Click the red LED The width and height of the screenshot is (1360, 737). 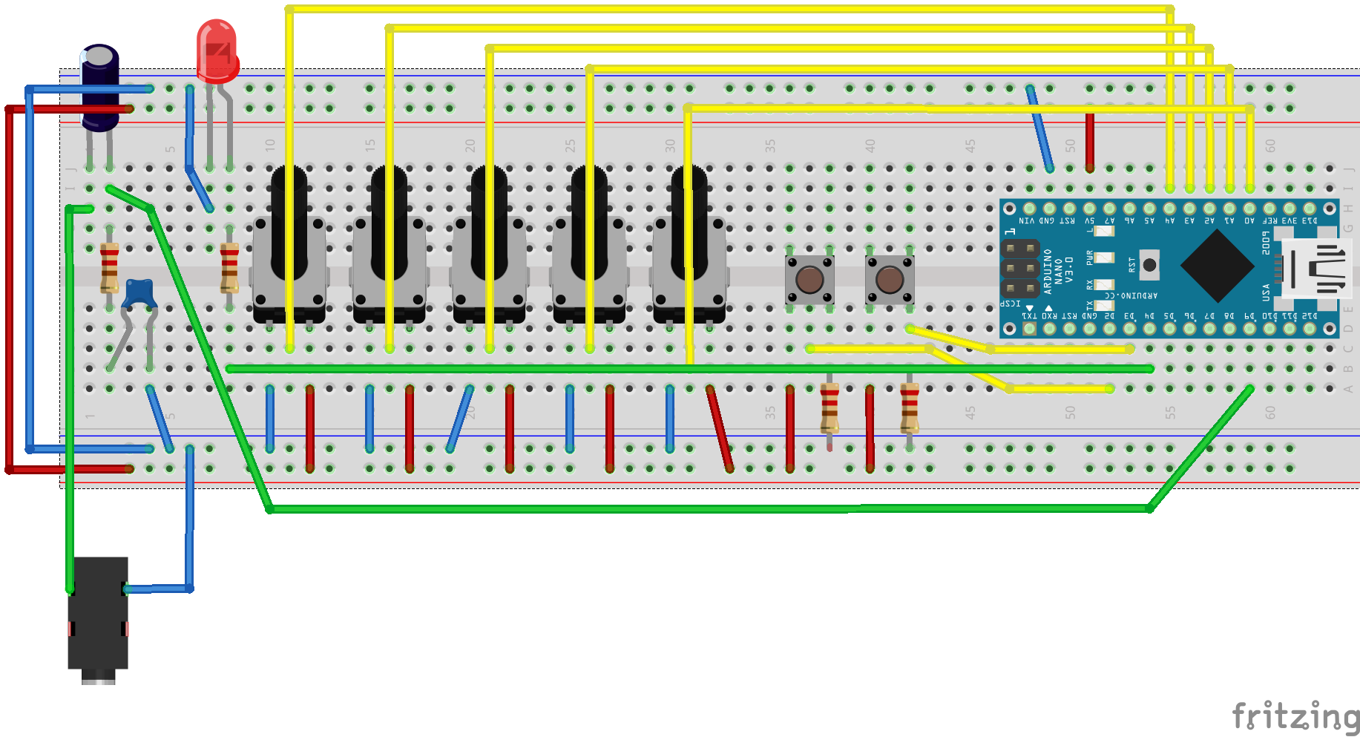pyautogui.click(x=217, y=50)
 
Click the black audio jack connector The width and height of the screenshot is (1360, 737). pyautogui.click(x=98, y=616)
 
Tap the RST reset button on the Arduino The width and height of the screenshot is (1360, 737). pyautogui.click(x=1149, y=265)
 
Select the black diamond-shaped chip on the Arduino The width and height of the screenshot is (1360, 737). pyautogui.click(x=1217, y=266)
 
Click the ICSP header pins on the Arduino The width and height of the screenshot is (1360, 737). pyautogui.click(x=1020, y=267)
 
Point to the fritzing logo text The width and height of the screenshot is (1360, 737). pyautogui.click(x=1295, y=716)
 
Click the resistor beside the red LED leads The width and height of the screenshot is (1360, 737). pyautogui.click(x=229, y=267)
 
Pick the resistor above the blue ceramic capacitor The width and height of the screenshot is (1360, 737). pyautogui.click(x=109, y=267)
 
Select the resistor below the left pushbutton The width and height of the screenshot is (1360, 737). pyautogui.click(x=830, y=408)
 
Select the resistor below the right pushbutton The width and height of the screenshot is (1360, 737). pyautogui.click(x=910, y=408)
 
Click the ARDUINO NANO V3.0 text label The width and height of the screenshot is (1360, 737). pyautogui.click(x=1058, y=271)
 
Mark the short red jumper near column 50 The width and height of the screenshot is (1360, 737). pyautogui.click(x=1089, y=141)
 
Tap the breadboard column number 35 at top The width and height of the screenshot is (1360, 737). pyautogui.click(x=770, y=145)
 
